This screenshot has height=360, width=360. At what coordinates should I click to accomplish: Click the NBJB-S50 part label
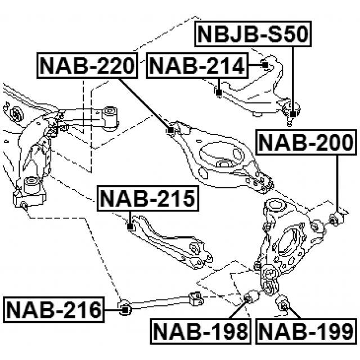click(x=252, y=35)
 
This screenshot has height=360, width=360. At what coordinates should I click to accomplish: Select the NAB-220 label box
click(x=88, y=66)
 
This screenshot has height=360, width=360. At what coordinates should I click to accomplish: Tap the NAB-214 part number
click(x=197, y=66)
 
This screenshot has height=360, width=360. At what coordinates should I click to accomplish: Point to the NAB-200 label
click(x=307, y=143)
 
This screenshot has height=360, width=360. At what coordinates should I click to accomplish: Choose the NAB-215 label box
click(x=148, y=199)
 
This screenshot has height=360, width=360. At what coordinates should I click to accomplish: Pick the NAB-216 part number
click(x=53, y=309)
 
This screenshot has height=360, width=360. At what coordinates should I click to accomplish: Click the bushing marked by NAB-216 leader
click(x=126, y=307)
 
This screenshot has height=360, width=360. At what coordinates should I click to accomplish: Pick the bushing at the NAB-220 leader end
click(x=171, y=130)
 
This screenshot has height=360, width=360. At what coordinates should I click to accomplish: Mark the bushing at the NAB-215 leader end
click(x=130, y=227)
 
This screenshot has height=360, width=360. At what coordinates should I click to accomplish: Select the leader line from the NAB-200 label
click(x=337, y=180)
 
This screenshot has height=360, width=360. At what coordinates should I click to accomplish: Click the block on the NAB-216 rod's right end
click(x=197, y=299)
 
